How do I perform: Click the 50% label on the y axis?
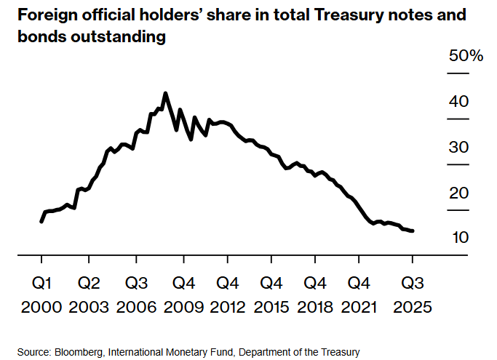click(x=466, y=56)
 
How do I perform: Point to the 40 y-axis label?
click(x=458, y=102)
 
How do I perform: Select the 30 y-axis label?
click(x=458, y=148)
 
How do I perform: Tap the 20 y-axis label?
click(x=458, y=193)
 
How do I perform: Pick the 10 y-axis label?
click(x=458, y=238)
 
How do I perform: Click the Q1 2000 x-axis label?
click(x=42, y=294)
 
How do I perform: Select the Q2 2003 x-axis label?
click(x=89, y=294)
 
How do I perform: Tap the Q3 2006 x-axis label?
click(x=136, y=294)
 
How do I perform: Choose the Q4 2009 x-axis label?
click(x=183, y=294)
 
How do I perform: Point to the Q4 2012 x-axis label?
click(x=228, y=294)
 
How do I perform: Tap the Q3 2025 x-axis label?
click(x=413, y=294)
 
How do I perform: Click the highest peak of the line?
click(x=165, y=93)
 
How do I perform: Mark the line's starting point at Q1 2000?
click(x=41, y=221)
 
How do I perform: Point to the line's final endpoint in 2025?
click(x=413, y=231)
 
